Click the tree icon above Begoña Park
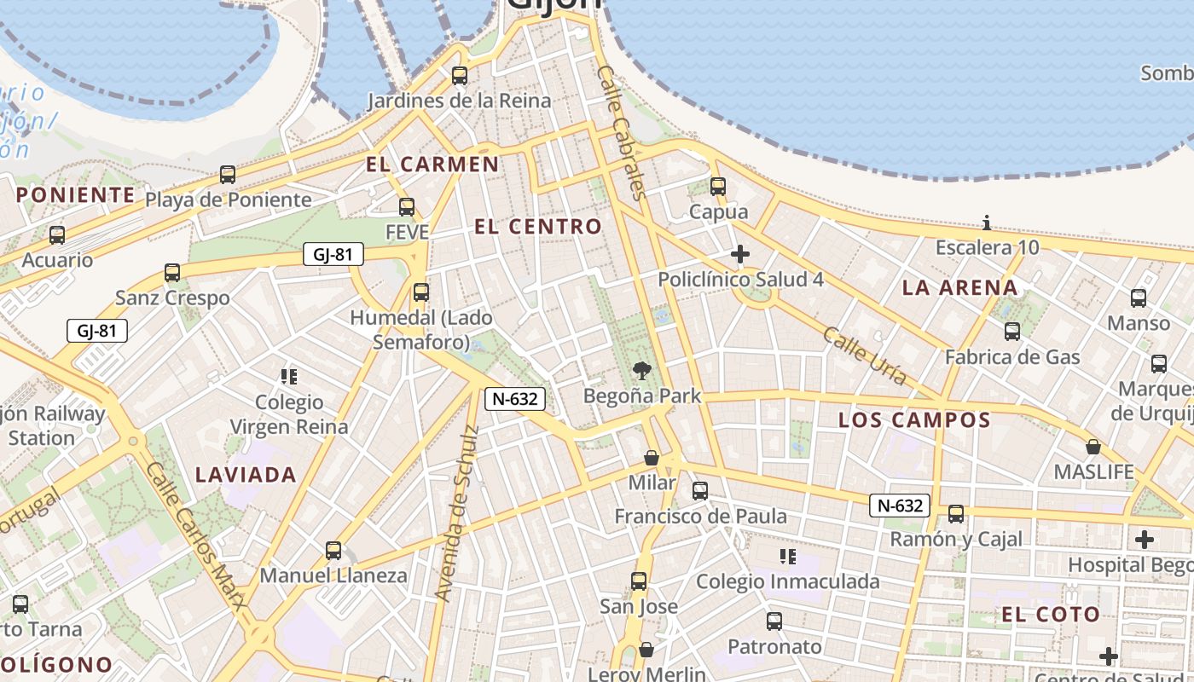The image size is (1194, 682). pos(641,371)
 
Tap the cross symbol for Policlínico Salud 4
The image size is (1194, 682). pos(739,254)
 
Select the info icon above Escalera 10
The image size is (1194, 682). pos(987,223)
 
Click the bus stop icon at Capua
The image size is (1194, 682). pos(718,186)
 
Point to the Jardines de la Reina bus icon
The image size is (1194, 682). pos(460,76)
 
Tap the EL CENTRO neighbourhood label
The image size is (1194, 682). pos(537,227)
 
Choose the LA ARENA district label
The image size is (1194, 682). pos(960,288)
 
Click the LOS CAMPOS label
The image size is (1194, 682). pos(914,420)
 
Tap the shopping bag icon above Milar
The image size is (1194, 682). pos(652,458)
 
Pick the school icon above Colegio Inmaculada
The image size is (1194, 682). pos(788,557)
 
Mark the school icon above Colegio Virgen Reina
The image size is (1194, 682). pos(289,376)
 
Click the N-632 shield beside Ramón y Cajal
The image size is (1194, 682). pos(899,506)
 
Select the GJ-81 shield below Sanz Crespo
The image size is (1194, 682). pos(97,331)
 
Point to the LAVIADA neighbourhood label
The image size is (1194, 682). pos(246,475)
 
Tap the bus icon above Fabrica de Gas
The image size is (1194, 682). pos(1012,332)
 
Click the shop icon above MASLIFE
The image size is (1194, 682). pos(1093,447)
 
